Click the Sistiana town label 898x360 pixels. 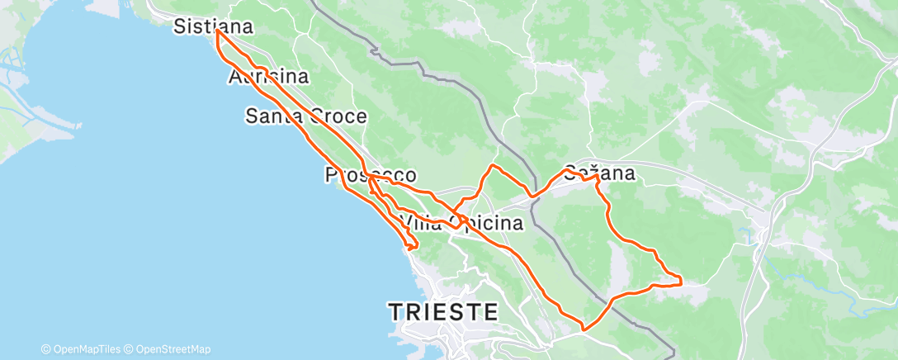click(x=213, y=27)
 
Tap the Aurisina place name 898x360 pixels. click(x=268, y=78)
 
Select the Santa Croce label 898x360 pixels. click(x=306, y=116)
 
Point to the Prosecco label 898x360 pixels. click(x=371, y=175)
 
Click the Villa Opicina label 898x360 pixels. click(x=461, y=223)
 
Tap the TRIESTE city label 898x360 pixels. click(x=444, y=312)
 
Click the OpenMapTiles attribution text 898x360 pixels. click(x=83, y=349)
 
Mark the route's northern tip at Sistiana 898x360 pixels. click(x=217, y=31)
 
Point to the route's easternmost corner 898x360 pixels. click(x=681, y=283)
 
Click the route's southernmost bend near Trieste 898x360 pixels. click(x=584, y=329)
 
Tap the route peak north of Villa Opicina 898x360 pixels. click(x=494, y=166)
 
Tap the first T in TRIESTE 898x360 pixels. click(x=396, y=312)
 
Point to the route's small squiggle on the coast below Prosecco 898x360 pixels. click(x=411, y=244)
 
